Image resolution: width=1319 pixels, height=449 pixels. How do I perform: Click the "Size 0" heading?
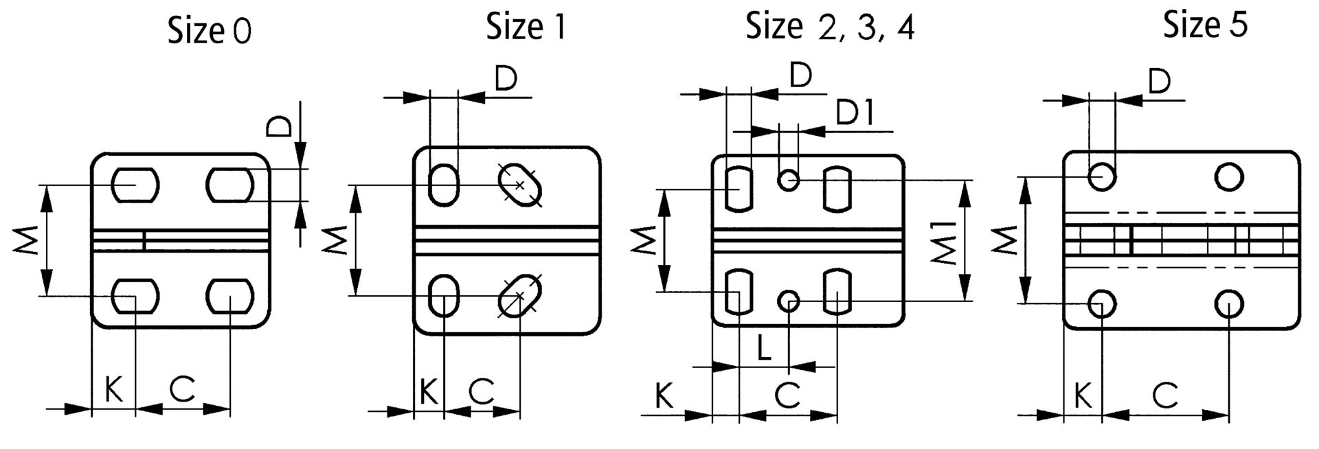(210, 32)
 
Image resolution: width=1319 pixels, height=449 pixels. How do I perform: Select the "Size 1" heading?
(526, 27)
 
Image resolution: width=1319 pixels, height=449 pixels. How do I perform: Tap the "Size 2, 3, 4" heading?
(830, 28)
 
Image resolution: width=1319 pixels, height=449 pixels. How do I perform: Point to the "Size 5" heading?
(1205, 26)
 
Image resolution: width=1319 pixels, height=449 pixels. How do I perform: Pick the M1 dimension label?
(945, 242)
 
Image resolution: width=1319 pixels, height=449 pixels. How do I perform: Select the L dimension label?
(765, 349)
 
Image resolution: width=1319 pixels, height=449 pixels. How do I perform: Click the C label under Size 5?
(1165, 396)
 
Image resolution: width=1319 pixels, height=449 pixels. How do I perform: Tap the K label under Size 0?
(114, 390)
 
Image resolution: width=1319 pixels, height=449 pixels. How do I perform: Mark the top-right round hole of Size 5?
(1228, 177)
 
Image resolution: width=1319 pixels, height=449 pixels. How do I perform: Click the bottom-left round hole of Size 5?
(1102, 303)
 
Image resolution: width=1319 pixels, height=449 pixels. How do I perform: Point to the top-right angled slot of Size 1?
(520, 185)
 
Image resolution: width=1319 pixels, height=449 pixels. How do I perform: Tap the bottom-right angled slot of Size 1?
(519, 296)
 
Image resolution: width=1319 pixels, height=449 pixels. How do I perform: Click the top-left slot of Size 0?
(135, 185)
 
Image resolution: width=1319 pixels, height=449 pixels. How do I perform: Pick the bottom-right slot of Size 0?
(230, 297)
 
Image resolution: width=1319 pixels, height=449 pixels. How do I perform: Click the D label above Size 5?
(1159, 82)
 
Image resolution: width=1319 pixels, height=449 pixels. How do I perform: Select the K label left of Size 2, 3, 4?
(664, 396)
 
